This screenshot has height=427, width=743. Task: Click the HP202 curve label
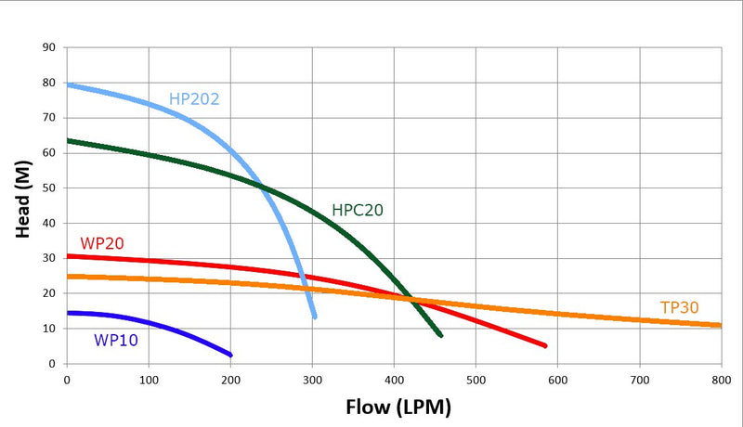click(194, 98)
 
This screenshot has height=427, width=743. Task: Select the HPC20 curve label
click(358, 211)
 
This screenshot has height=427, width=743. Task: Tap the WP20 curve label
click(102, 244)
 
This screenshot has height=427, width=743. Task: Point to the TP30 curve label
click(679, 308)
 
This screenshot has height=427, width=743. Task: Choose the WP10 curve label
click(116, 340)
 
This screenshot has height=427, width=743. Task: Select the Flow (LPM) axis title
click(398, 407)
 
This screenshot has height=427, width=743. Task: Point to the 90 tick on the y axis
click(49, 47)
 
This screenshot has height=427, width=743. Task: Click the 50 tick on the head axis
click(49, 188)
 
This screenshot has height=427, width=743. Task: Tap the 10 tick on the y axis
click(49, 329)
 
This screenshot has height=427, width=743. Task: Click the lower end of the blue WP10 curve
click(230, 355)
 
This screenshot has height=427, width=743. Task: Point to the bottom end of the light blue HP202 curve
click(315, 317)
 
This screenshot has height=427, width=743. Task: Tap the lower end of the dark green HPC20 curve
click(440, 335)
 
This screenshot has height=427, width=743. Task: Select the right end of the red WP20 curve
click(545, 345)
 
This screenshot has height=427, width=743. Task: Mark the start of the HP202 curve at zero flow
click(68, 85)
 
